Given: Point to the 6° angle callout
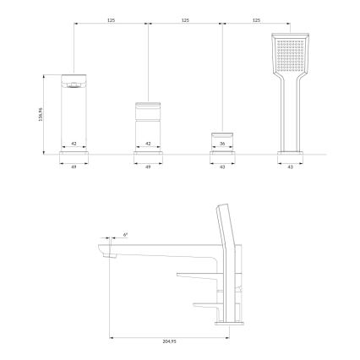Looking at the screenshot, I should (126, 233).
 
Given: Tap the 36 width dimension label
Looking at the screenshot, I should (221, 145).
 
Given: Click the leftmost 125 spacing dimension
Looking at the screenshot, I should (112, 19).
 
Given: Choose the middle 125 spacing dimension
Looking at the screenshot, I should (185, 19).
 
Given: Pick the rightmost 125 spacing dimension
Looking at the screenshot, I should (258, 19).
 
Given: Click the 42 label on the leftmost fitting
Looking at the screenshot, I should (75, 145).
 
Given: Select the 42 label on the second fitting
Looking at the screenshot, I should (149, 145).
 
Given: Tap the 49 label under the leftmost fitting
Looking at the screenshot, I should (75, 167).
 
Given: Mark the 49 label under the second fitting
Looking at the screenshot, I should (149, 167).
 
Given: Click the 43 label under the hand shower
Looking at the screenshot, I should (292, 167).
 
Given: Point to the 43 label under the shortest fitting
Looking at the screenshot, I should (221, 167).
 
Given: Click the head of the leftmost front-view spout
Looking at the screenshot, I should (75, 83).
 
